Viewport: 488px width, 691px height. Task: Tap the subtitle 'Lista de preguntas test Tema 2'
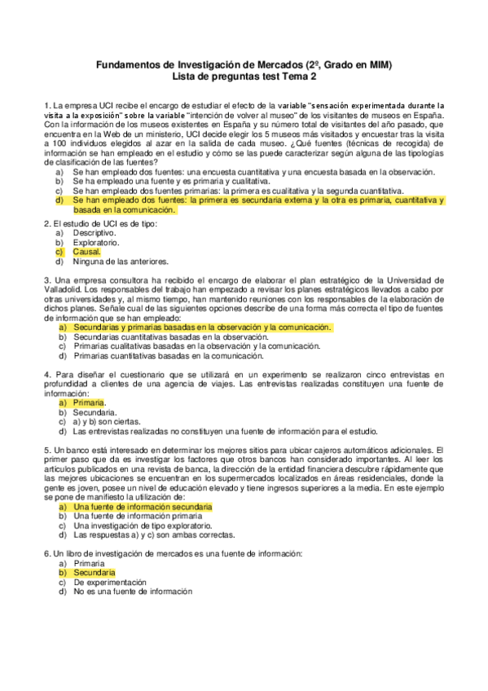pos(244,77)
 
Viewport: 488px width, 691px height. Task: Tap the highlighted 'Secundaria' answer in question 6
pos(94,573)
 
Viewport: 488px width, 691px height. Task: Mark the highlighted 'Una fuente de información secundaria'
pos(143,507)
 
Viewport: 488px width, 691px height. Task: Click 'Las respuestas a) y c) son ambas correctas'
pos(153,535)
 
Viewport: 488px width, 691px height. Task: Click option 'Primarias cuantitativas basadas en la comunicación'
pos(169,356)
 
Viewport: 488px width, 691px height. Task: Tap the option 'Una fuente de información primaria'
pos(137,516)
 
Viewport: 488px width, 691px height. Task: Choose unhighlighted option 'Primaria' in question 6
pos(89,563)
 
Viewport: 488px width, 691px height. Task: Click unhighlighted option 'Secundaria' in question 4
pos(94,412)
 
